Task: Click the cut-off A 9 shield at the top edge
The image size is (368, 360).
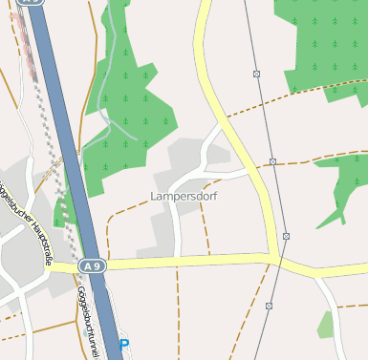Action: pos(33,3)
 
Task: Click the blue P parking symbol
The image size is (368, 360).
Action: pos(123,344)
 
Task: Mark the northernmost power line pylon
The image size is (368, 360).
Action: pos(256,74)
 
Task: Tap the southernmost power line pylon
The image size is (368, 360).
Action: pos(270,306)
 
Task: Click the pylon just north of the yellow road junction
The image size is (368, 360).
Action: pos(285,235)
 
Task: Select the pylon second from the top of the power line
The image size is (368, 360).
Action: pos(272,161)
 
